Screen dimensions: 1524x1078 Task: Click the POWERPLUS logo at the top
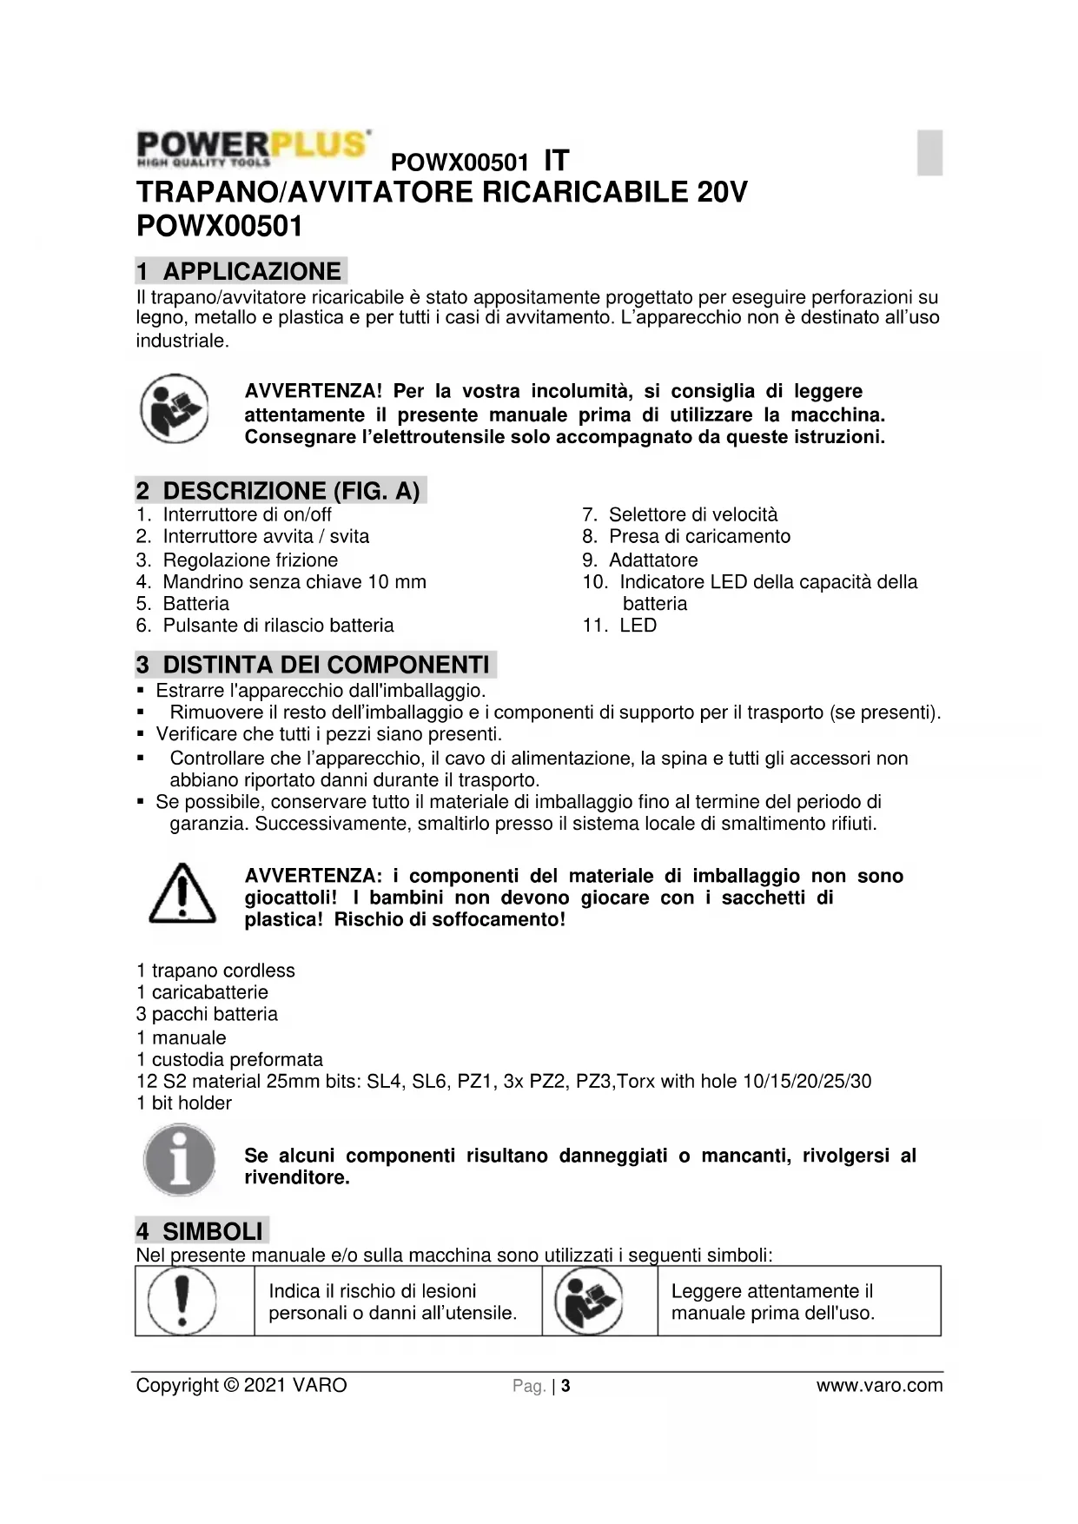(253, 148)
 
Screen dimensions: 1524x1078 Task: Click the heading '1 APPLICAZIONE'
(241, 271)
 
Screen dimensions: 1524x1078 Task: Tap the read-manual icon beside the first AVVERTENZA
(174, 408)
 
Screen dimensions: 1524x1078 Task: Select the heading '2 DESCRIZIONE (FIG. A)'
(281, 491)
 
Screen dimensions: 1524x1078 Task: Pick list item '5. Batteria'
(183, 604)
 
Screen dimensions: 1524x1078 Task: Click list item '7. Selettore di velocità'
(680, 514)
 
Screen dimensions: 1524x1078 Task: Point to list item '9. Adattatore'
(640, 560)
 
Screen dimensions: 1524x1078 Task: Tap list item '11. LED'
(620, 626)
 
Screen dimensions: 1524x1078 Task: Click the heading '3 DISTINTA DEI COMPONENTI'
(315, 665)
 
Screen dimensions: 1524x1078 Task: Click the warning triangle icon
(182, 894)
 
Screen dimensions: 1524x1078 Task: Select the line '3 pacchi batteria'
(207, 1014)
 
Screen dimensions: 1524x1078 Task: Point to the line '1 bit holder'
(184, 1103)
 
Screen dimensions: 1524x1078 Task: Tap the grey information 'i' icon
(180, 1160)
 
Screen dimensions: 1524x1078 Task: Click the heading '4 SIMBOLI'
(202, 1231)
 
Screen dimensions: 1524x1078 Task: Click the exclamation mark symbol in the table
(182, 1301)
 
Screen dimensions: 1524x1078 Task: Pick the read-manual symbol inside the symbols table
(589, 1301)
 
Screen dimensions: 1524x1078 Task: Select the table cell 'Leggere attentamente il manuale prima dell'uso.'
(773, 1302)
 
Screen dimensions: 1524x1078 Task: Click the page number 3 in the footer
(565, 1386)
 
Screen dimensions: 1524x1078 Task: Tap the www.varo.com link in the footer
(879, 1385)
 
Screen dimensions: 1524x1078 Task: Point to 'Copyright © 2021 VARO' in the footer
(241, 1385)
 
